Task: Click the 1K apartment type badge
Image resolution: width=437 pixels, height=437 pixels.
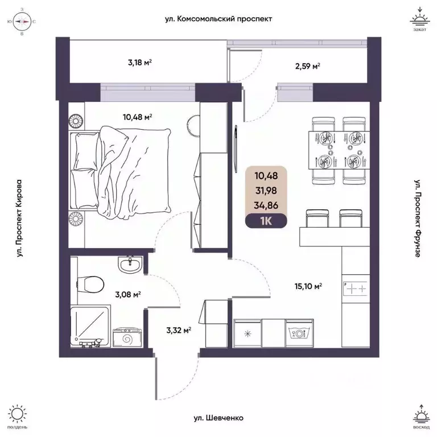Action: pyautogui.click(x=266, y=221)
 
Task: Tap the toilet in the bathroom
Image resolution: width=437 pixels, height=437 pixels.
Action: pyautogui.click(x=92, y=283)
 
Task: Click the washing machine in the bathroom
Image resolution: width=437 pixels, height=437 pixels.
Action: pyautogui.click(x=126, y=337)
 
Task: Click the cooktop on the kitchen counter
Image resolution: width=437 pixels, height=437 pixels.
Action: pyautogui.click(x=356, y=288)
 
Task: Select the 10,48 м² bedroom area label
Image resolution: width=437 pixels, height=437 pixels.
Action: pyautogui.click(x=137, y=118)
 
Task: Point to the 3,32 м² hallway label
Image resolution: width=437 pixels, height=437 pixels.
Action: pyautogui.click(x=178, y=328)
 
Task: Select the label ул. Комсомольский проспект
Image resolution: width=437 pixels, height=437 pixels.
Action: pyautogui.click(x=218, y=19)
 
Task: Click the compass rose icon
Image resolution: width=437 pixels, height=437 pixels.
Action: pyautogui.click(x=22, y=22)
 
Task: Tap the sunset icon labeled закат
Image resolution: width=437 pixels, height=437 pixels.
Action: pyautogui.click(x=419, y=20)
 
